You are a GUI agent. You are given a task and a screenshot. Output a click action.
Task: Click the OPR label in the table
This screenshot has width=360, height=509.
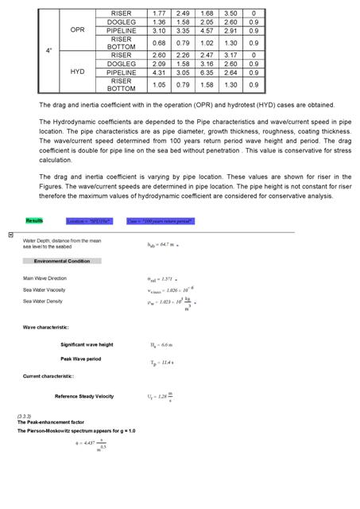pos(77,29)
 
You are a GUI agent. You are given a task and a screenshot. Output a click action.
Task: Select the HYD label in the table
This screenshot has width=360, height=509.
pos(77,72)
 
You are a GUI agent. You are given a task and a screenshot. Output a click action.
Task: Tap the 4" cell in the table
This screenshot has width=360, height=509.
pos(48,50)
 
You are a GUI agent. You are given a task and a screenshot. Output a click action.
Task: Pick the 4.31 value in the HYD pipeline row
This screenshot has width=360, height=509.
pos(158,72)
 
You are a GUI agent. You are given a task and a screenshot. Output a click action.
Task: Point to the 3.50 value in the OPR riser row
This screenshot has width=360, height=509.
pos(230,14)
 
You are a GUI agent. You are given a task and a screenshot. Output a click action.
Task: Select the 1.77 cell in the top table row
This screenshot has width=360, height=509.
pos(158,14)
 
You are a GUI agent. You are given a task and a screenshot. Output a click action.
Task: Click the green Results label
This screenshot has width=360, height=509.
pos(34,220)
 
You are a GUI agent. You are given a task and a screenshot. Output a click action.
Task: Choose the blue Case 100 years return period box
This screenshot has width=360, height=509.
pos(160,221)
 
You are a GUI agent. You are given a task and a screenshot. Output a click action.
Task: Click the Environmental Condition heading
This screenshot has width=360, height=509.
pos(62,261)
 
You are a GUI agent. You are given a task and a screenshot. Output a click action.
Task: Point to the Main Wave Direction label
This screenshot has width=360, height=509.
pos(45,278)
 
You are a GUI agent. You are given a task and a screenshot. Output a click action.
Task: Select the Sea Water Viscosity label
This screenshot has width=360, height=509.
pos(45,290)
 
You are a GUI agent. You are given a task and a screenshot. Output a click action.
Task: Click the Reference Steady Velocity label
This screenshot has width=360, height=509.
pos(84,396)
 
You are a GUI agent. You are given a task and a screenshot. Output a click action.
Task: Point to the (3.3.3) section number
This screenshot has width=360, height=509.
pos(25,416)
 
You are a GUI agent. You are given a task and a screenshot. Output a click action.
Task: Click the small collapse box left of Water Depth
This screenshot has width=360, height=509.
pos(10,235)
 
